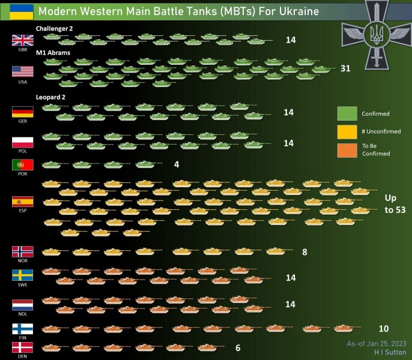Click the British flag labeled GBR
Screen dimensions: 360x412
22,40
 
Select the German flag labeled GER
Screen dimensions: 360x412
22,112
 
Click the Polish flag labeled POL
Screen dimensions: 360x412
22,142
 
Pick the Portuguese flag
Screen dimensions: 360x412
22,164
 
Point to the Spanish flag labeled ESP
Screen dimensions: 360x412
22,202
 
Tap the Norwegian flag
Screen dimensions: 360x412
22,251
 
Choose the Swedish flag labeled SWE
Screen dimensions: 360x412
22,275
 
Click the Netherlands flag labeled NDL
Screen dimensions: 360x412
22,305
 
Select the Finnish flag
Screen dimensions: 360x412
22,329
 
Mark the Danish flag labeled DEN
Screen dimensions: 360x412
22,347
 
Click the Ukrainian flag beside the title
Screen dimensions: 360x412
22,11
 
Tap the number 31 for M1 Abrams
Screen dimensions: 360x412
345,68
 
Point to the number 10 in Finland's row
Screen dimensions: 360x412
384,329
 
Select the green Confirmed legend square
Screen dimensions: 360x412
347,113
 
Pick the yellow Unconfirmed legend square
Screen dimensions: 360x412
347,131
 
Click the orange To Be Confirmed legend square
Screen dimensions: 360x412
347,149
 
